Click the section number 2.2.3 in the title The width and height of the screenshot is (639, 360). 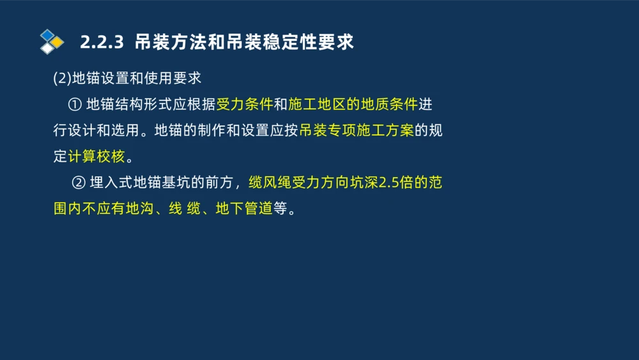(101, 42)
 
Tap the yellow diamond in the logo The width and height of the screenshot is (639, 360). (58, 42)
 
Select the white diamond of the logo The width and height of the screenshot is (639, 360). (47, 49)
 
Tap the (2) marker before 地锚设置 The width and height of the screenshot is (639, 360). (62, 79)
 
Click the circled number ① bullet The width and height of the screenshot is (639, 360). (73, 104)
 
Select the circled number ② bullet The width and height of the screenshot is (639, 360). (79, 183)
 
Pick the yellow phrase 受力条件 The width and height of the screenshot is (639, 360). (245, 104)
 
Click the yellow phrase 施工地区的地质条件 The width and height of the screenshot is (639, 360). (353, 104)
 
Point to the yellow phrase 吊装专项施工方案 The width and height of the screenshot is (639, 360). (357, 130)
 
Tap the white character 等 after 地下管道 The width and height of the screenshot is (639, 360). (281, 209)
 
